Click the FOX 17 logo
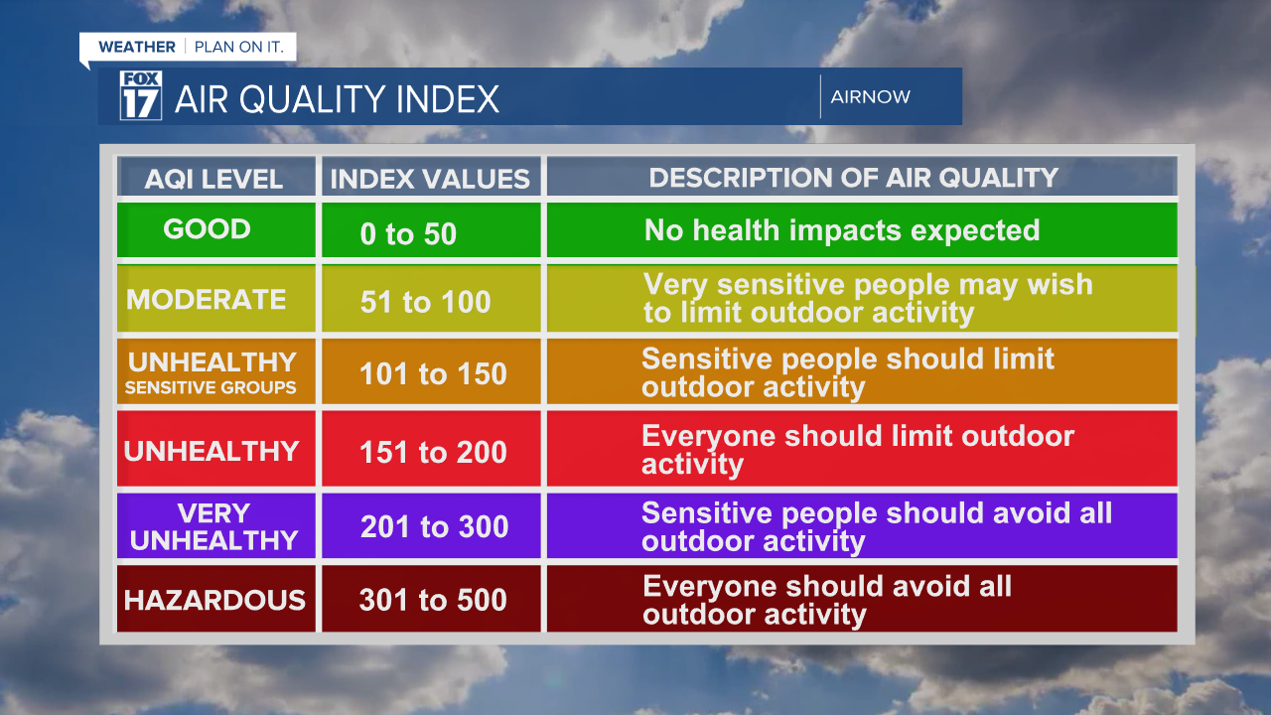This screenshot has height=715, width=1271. click(140, 96)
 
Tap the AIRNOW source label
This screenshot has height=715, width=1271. click(870, 97)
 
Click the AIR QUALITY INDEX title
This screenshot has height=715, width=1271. click(337, 99)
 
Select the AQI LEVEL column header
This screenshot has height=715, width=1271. click(214, 179)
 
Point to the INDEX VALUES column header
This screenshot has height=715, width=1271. click(430, 179)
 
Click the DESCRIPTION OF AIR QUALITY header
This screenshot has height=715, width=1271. click(854, 178)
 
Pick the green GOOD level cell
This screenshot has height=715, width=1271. click(208, 229)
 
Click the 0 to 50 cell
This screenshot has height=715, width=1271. click(408, 234)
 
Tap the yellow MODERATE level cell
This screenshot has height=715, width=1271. click(207, 300)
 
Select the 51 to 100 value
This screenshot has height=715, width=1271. click(426, 302)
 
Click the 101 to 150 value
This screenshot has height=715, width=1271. click(433, 374)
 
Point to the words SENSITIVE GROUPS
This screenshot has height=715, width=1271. click(211, 388)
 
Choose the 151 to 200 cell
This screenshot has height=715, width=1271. click(433, 453)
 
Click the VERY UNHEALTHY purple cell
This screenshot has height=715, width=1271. click(214, 527)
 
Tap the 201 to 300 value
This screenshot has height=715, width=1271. click(434, 527)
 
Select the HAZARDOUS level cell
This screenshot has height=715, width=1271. click(214, 600)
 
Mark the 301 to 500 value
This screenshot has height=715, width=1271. click(433, 600)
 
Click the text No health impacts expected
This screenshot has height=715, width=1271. click(842, 230)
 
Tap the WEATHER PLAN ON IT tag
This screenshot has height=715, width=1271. click(188, 47)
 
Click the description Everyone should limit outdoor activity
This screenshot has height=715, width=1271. click(858, 450)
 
